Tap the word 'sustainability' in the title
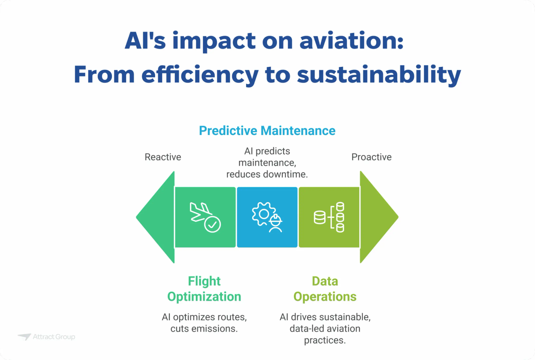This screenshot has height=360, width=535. click(379, 74)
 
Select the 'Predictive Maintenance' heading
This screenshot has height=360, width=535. click(267, 131)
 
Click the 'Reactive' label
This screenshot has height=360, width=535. click(163, 157)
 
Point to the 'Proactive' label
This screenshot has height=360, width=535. click(371, 157)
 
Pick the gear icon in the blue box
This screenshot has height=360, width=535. click(262, 213)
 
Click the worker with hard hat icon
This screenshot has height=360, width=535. click(276, 223)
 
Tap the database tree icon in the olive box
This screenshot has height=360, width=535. click(330, 217)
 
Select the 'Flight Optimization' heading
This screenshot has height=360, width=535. click(204, 289)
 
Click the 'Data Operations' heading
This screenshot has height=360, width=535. click(325, 289)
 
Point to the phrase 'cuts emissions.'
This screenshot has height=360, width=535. click(204, 329)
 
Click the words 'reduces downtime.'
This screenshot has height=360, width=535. click(267, 174)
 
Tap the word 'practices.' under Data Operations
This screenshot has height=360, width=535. click(325, 340)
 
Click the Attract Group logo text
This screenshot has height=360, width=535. click(54, 337)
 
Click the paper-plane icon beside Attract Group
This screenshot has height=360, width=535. click(24, 337)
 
